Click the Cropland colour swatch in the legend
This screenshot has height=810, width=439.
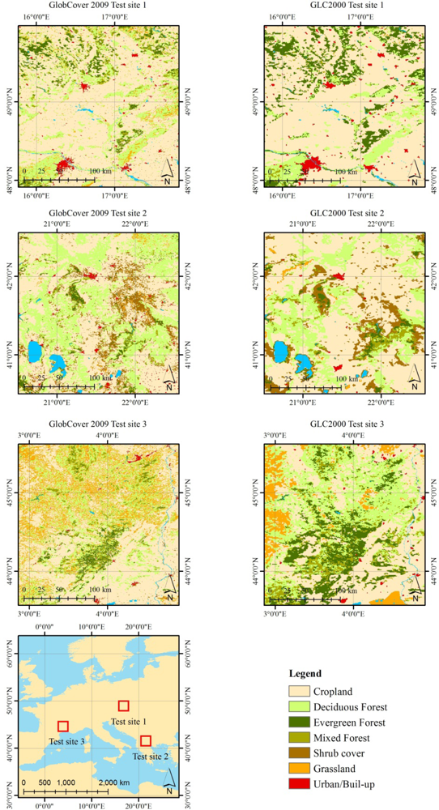point(301,691)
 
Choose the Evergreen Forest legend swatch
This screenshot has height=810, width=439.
point(301,722)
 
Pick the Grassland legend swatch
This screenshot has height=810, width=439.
point(301,769)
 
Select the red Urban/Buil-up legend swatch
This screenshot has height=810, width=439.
point(301,784)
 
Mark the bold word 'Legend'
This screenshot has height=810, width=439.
point(305,674)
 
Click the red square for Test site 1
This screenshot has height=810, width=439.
point(124,706)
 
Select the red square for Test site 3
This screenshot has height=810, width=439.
point(63,726)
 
